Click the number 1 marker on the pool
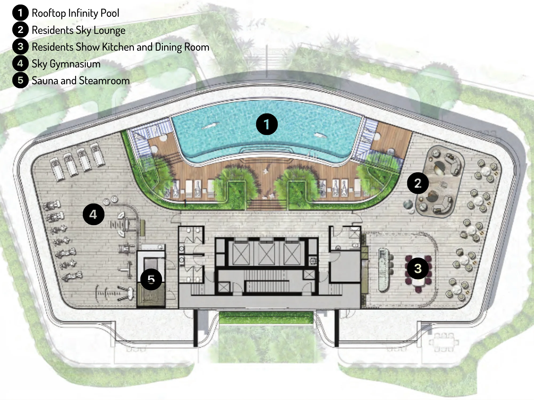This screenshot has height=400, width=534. (x=267, y=124)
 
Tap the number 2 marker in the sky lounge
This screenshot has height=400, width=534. (x=418, y=183)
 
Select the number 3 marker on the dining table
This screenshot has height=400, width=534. (x=418, y=268)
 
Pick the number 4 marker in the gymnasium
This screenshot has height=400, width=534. (x=93, y=214)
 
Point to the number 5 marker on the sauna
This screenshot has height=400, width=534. (x=151, y=279)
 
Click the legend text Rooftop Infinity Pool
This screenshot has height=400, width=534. (x=75, y=13)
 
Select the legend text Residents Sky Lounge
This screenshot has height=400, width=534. (x=78, y=30)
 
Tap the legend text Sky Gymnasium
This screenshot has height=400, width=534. (x=66, y=64)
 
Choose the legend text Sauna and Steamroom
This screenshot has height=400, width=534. (x=81, y=81)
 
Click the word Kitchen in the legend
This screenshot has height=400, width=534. (x=118, y=47)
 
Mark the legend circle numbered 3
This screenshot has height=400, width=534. (x=20, y=46)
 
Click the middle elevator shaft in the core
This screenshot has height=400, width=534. (x=266, y=254)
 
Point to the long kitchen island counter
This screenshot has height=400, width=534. (x=383, y=270)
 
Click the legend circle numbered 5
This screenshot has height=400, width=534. (x=20, y=80)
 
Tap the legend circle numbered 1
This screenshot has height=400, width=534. (x=20, y=13)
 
